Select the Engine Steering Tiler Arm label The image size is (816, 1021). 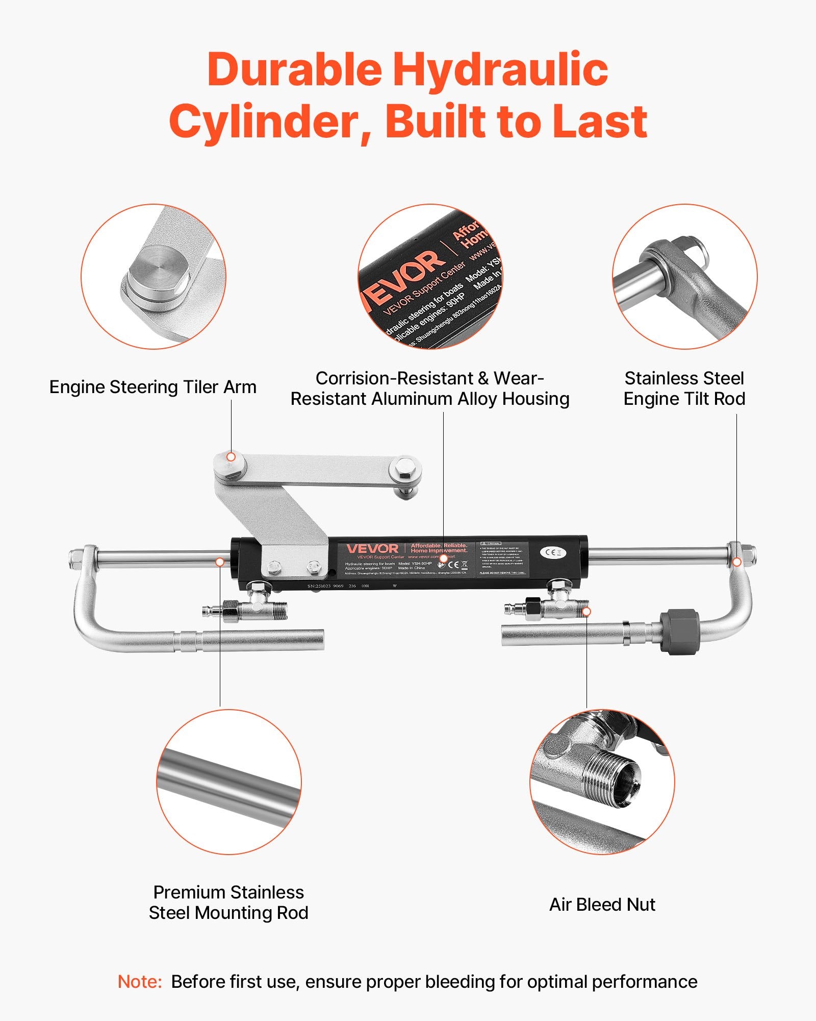coord(152,387)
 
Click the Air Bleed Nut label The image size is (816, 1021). coord(602,905)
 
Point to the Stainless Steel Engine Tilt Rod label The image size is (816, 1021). coord(684,388)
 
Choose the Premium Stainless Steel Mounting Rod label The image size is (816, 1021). coord(228,903)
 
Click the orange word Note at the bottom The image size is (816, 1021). coord(139,982)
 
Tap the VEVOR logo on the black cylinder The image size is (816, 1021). coord(372,549)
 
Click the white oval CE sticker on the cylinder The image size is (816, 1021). coord(553,552)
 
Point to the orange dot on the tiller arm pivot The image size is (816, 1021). coord(231,456)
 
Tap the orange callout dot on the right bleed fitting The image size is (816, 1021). coord(586,611)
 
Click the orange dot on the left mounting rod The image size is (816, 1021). coord(220,562)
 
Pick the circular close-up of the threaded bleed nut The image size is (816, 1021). coord(602,782)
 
